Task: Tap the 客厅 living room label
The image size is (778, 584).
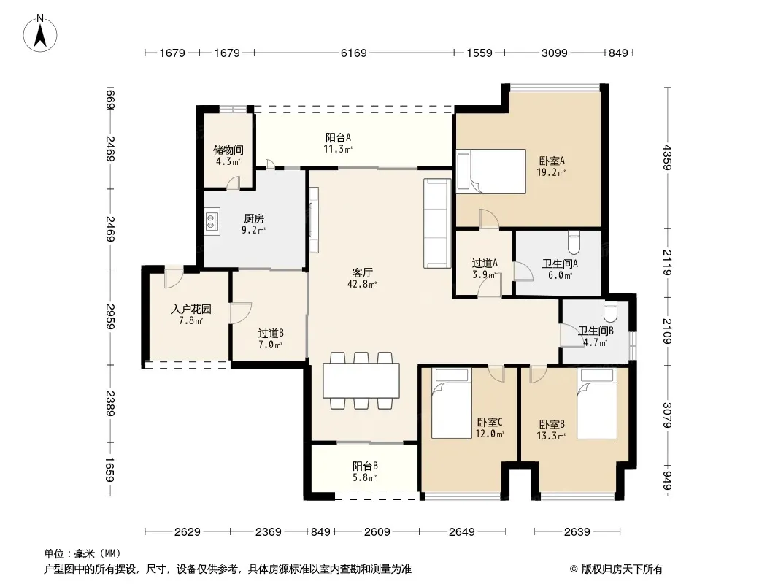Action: click(362, 272)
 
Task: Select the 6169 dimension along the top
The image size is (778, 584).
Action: click(354, 53)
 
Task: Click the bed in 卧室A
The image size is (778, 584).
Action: click(491, 171)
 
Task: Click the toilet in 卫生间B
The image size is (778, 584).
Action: click(610, 311)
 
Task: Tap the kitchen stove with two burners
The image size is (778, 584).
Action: click(212, 220)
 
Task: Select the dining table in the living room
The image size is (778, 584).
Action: click(361, 380)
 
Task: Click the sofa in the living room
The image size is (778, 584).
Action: click(438, 223)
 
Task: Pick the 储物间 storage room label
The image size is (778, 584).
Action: click(228, 150)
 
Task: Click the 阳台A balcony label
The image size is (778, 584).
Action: click(338, 137)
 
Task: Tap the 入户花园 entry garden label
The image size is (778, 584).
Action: click(191, 309)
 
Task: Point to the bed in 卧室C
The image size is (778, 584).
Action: click(451, 404)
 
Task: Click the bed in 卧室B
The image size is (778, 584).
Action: click(597, 404)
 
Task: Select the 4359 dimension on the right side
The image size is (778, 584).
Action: click(667, 157)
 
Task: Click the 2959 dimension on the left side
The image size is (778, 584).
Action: click(110, 316)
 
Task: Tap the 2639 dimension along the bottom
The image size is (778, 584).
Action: click(577, 532)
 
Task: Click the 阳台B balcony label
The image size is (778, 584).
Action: click(365, 466)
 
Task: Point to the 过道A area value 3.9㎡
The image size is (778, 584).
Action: click(485, 275)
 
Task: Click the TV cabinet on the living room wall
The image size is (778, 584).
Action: click(314, 220)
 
